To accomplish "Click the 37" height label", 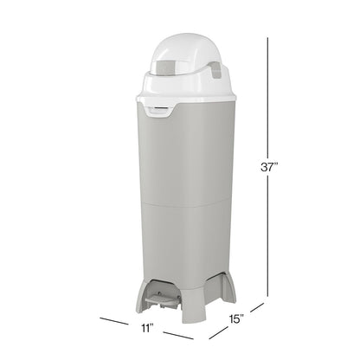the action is pyautogui.click(x=269, y=167).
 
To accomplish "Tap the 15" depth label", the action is pyautogui.click(x=236, y=318).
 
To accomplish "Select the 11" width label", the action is pyautogui.click(x=147, y=328).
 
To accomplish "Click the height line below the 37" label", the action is pyautogui.click(x=267, y=236).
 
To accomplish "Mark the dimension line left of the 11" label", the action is pyautogui.click(x=114, y=321).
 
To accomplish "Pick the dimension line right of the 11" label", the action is pyautogui.click(x=178, y=336).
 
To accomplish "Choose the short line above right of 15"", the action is pyautogui.click(x=257, y=307).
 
